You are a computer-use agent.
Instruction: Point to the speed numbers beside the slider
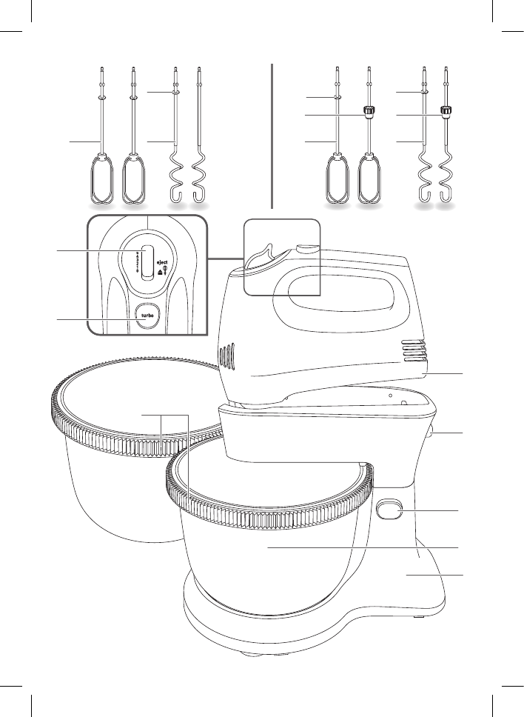pyautogui.click(x=137, y=262)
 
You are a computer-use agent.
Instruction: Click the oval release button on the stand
pyautogui.click(x=391, y=510)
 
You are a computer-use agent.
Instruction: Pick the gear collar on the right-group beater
pyautogui.click(x=367, y=112)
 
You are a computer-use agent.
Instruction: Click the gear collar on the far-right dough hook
pyautogui.click(x=446, y=112)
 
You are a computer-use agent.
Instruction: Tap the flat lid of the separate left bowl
pyautogui.click(x=133, y=400)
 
